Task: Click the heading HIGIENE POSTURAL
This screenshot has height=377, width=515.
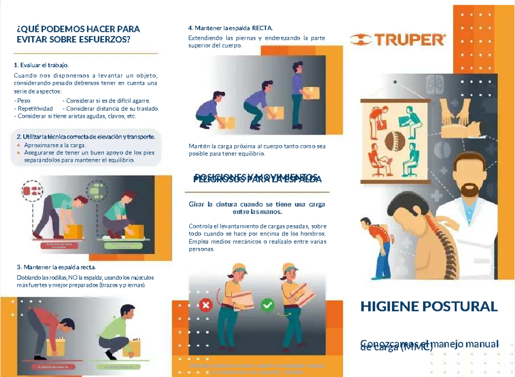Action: [429, 306]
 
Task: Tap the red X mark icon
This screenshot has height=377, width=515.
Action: [206, 306]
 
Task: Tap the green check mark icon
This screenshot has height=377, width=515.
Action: [267, 306]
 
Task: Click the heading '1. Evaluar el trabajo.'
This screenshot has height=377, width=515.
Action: [41, 65]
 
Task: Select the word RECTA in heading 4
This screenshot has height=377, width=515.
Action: [262, 28]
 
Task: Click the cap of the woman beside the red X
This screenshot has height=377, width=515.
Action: [239, 268]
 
